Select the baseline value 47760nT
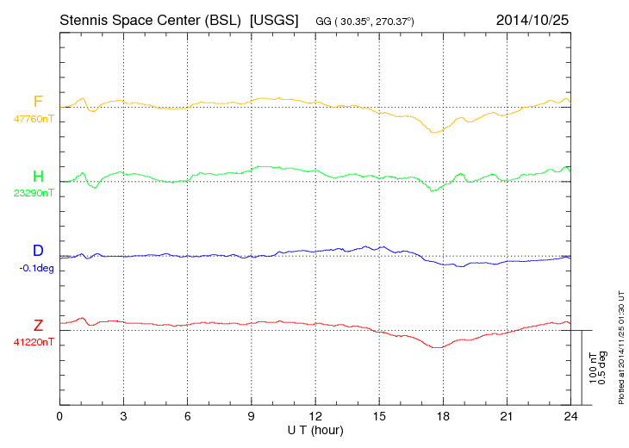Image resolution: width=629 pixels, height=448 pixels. [33, 119]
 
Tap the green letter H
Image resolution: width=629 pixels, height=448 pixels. [38, 177]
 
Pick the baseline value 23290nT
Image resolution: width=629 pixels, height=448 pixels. [33, 193]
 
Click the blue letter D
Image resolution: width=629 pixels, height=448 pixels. [38, 251]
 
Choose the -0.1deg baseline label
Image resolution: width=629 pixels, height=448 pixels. [36, 267]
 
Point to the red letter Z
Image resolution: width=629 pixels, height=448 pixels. [38, 325]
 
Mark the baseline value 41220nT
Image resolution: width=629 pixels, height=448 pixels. [33, 341]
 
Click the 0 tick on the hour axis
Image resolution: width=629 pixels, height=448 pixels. [59, 417]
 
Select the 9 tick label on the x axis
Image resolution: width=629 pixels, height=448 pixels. [251, 417]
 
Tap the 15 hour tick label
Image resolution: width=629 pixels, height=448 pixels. [378, 417]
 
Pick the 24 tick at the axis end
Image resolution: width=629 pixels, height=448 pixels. [570, 417]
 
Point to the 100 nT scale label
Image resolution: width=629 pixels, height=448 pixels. [593, 367]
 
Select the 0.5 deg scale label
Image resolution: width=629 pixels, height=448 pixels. [602, 367]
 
